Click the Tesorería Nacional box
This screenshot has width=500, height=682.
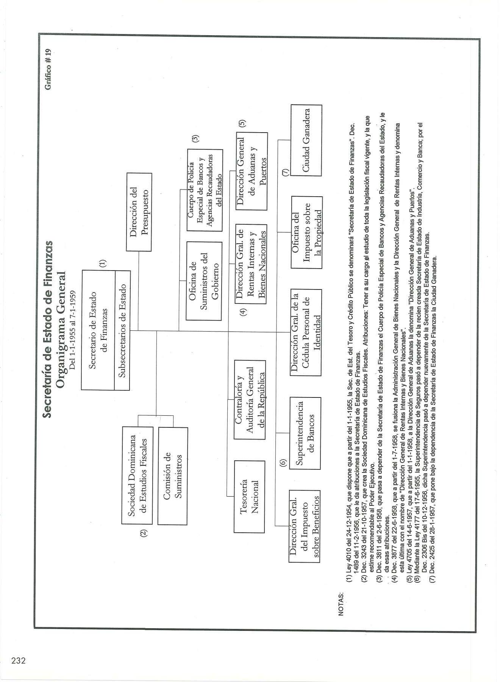click(x=249, y=496)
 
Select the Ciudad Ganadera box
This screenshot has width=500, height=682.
click(x=306, y=140)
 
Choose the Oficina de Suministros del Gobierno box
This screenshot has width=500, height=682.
click(x=204, y=281)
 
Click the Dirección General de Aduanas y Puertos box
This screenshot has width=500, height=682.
click(x=252, y=171)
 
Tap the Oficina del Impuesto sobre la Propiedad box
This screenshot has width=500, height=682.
click(x=306, y=232)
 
